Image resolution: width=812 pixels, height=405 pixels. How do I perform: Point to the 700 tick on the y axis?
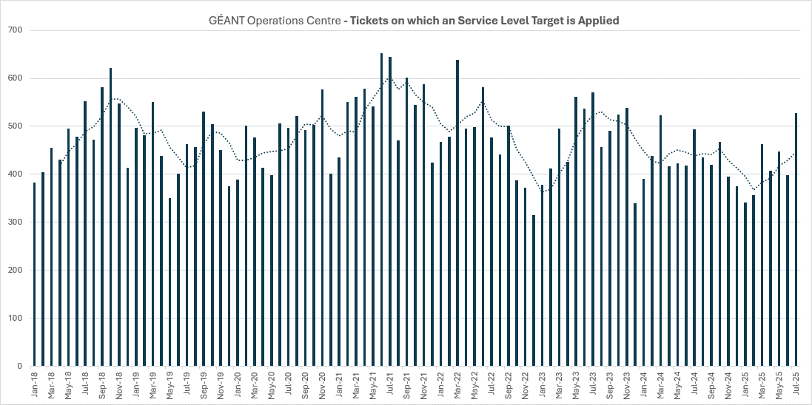(16, 30)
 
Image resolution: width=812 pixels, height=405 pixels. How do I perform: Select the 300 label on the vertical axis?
(16, 222)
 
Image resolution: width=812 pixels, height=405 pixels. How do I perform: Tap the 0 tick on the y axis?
(20, 367)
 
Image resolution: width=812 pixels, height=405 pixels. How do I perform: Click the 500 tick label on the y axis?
(16, 126)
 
